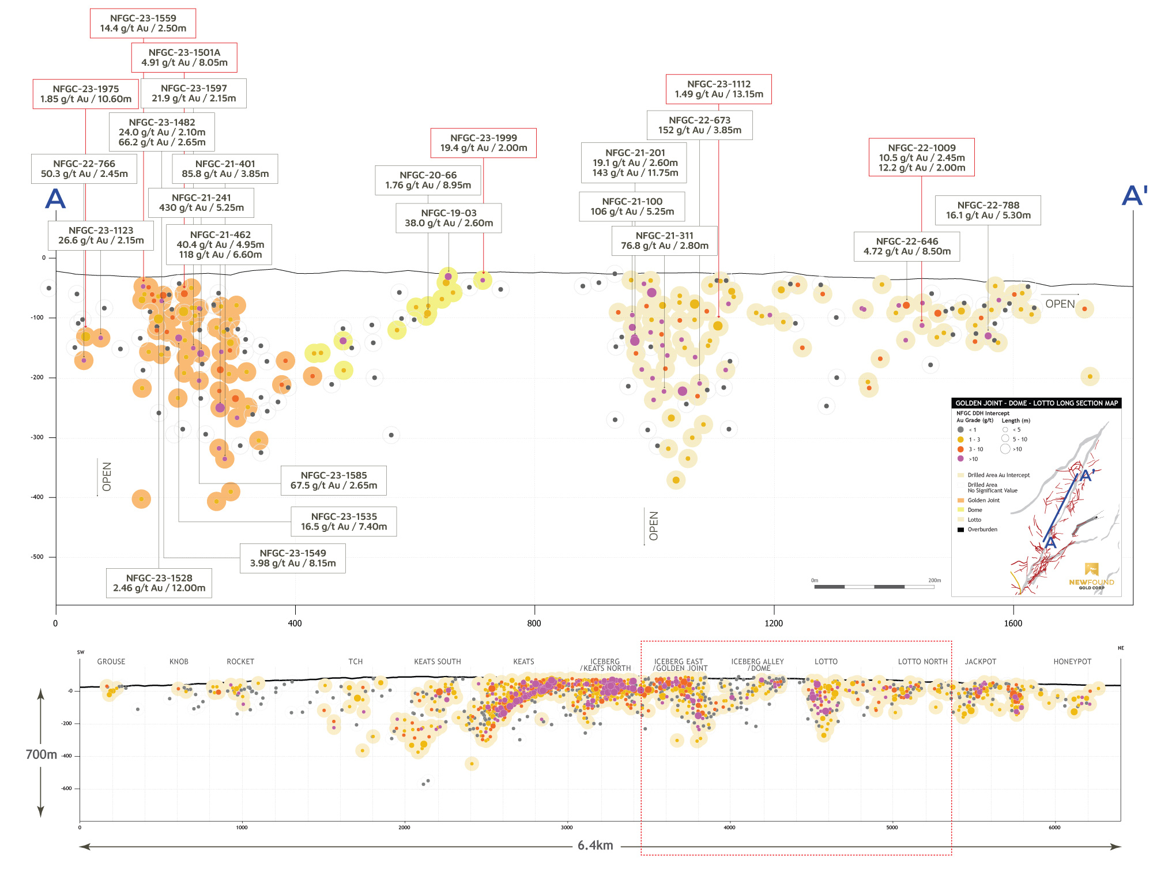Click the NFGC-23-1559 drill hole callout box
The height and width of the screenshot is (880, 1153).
coord(143,24)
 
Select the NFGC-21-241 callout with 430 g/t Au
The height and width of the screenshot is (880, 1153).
coord(201,203)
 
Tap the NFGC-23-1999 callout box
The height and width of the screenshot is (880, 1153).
coord(483,143)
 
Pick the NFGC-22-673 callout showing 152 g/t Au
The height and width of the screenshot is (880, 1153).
coord(699,125)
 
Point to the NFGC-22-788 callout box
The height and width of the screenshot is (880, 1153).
coord(988,210)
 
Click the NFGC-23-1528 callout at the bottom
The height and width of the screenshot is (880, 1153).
coord(159,583)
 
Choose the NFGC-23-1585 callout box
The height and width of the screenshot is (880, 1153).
coord(333,481)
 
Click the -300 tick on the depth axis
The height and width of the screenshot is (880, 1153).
coord(37,437)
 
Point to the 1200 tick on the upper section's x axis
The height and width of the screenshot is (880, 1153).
coord(774,623)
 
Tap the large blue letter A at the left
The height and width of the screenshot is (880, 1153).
coord(55,199)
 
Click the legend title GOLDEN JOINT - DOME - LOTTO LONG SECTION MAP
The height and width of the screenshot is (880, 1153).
coord(1036,403)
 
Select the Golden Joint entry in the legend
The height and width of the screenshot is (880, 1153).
coord(983,500)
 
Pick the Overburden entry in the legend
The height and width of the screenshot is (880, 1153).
coord(982,530)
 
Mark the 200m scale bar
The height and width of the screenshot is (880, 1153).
coord(874,587)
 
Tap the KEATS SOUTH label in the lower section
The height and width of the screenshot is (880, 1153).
coord(437,662)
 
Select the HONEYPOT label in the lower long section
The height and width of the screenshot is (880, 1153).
coord(1072,662)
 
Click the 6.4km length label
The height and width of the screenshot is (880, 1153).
coord(595,845)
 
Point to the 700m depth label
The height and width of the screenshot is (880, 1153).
coord(42,754)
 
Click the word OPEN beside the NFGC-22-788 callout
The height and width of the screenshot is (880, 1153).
coord(1060,304)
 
